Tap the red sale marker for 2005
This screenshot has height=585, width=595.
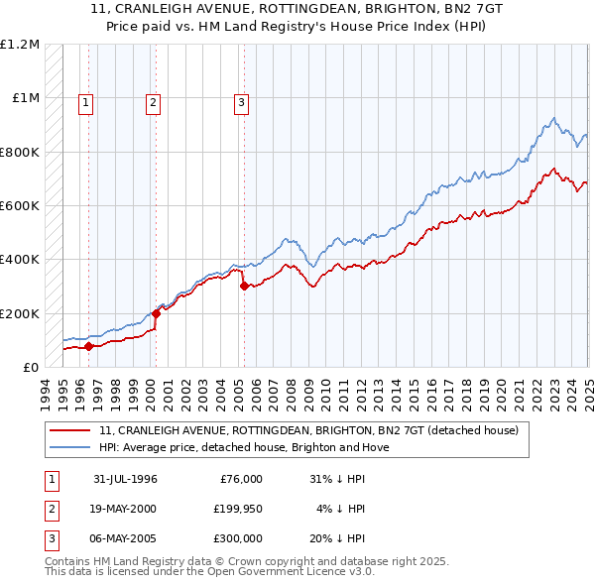tap(244, 287)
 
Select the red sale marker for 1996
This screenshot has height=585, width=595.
tap(88, 347)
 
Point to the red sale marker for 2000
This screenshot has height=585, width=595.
tap(156, 313)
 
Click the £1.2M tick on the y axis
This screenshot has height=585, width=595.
tap(20, 45)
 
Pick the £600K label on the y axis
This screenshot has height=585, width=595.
tap(20, 206)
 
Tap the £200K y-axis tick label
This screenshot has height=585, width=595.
tap(20, 313)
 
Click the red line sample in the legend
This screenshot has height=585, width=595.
tap(70, 430)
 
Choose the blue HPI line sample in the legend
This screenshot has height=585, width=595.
tap(70, 447)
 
